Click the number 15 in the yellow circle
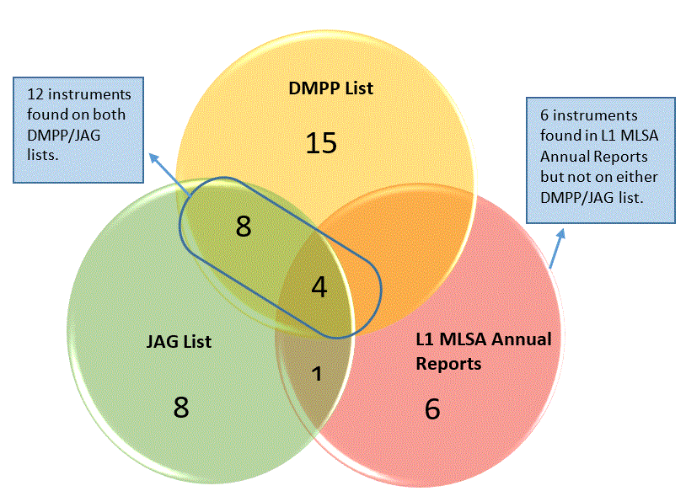(x=321, y=142)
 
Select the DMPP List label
(x=331, y=87)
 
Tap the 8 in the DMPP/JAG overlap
(x=244, y=226)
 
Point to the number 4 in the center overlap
(x=319, y=287)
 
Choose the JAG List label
(x=178, y=342)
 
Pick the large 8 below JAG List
(x=181, y=407)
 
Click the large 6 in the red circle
(x=431, y=409)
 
